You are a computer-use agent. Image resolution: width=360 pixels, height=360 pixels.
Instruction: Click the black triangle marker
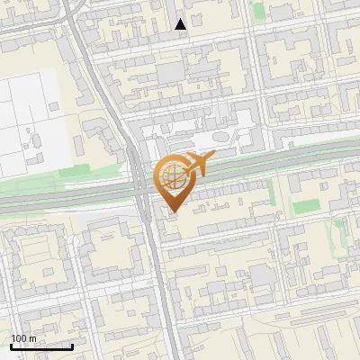tap(181, 24)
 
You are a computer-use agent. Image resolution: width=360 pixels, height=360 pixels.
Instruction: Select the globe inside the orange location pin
tap(171, 176)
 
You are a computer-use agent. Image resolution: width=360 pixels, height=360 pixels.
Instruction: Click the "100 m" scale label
tap(23, 338)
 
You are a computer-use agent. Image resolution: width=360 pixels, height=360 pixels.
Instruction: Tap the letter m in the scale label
tap(33, 338)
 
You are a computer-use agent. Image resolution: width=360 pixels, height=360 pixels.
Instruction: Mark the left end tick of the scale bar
tap(11, 346)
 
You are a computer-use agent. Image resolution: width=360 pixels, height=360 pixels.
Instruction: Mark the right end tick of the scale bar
tap(72, 346)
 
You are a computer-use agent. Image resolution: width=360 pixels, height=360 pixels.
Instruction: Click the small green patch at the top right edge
tap(258, 11)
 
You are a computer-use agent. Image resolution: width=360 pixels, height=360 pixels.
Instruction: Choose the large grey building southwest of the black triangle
tap(168, 72)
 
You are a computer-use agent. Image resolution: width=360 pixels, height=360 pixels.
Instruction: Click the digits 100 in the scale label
tap(19, 338)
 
